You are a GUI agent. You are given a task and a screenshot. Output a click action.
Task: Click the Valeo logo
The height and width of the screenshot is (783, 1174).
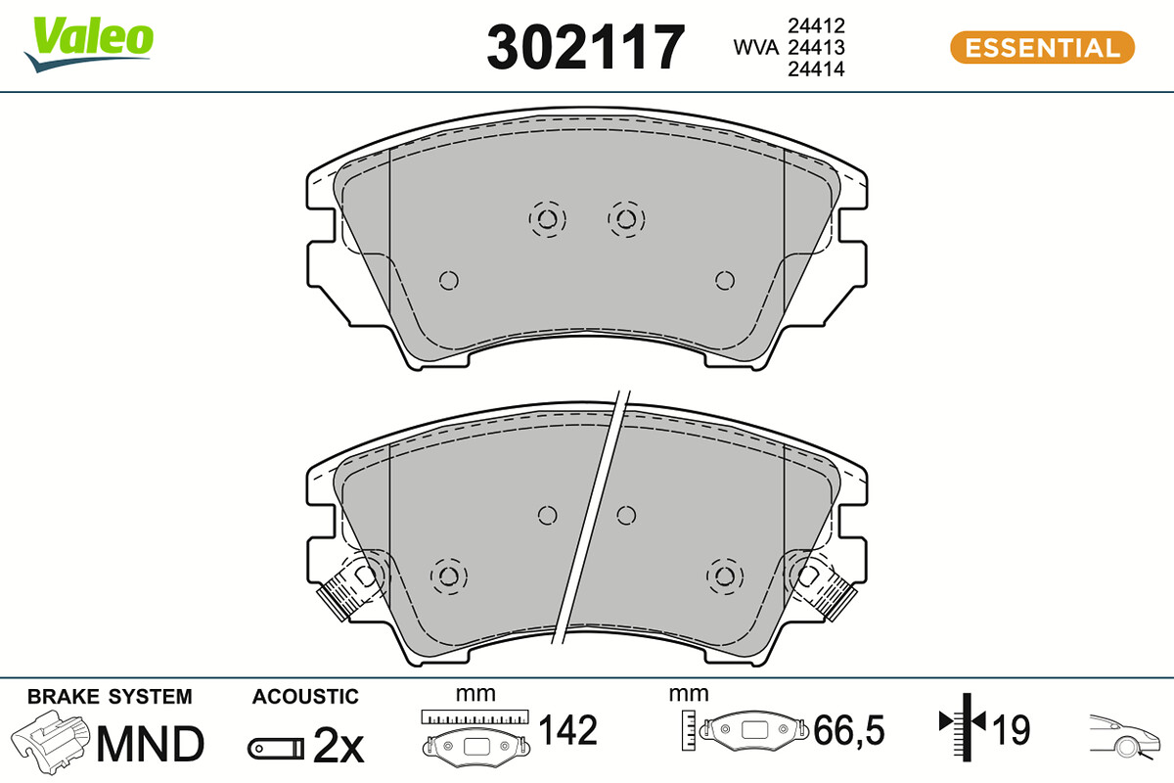(x=89, y=44)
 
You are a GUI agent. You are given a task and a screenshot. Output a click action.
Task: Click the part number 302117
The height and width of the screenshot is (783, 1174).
(x=585, y=47)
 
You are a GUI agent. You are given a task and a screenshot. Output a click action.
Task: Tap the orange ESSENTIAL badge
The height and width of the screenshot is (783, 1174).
(x=1042, y=48)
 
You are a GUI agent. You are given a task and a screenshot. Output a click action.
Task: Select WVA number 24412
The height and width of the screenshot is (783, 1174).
(x=816, y=25)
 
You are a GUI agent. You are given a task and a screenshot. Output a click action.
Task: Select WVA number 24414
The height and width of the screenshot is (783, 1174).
(x=816, y=69)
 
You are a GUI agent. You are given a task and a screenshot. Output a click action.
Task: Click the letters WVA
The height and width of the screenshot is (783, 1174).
(x=755, y=47)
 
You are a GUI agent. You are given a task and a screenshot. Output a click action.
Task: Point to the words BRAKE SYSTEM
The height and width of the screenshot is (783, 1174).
(x=110, y=697)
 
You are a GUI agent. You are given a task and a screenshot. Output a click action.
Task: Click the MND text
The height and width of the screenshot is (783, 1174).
(x=151, y=743)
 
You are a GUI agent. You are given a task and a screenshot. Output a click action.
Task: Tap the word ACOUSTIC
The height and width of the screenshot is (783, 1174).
(x=305, y=697)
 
